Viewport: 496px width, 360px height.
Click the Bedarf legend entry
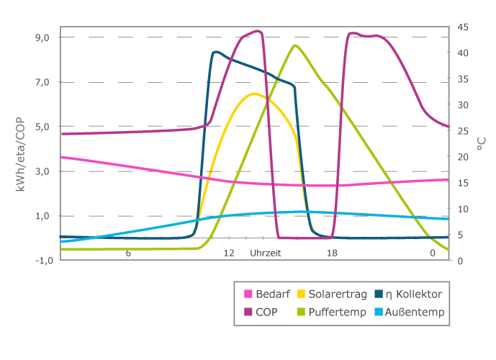(269, 294)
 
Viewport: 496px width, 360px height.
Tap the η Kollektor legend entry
(413, 294)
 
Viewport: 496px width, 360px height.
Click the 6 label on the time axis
(128, 253)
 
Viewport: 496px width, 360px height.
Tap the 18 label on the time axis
(332, 253)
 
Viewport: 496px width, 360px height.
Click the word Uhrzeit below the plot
(266, 253)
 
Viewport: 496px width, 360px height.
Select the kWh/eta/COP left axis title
(22, 148)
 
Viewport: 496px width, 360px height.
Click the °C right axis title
(480, 144)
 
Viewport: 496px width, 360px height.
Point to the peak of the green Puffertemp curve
(295, 45)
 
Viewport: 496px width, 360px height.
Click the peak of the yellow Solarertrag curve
(254, 94)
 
